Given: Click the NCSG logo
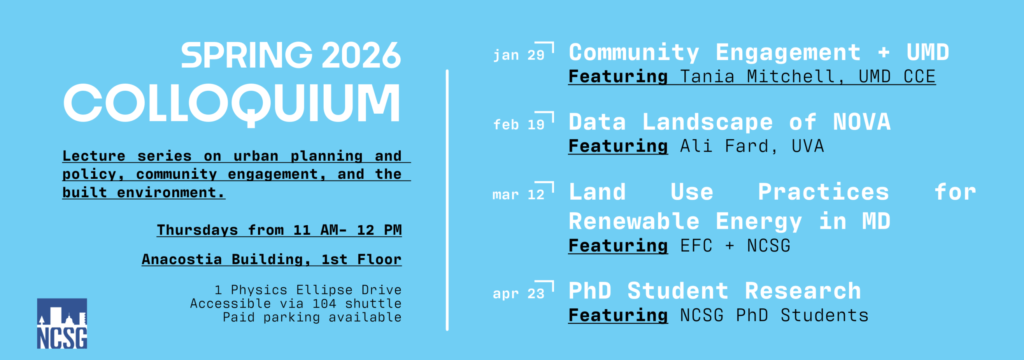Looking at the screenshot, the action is click(x=62, y=324).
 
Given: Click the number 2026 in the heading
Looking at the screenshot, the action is click(x=361, y=55).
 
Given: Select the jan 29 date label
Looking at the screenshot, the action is click(x=519, y=55).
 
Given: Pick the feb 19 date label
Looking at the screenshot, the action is click(x=519, y=125).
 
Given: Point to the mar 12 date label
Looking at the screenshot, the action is click(x=519, y=195).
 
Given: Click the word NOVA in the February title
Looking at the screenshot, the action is click(x=862, y=122).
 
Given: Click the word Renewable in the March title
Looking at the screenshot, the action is click(x=634, y=221).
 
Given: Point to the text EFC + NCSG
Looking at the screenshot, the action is click(x=735, y=246).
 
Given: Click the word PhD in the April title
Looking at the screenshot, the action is click(x=590, y=291).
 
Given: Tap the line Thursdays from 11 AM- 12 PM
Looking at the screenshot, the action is click(x=279, y=230).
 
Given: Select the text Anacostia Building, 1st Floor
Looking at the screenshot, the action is click(x=272, y=260).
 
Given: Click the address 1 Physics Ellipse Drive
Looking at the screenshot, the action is click(x=308, y=290).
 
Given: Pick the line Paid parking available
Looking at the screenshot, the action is click(x=312, y=317).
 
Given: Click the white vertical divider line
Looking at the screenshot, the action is click(x=447, y=200).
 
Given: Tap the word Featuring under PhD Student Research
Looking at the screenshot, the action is click(x=618, y=316).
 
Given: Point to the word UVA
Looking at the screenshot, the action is click(x=808, y=146).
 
